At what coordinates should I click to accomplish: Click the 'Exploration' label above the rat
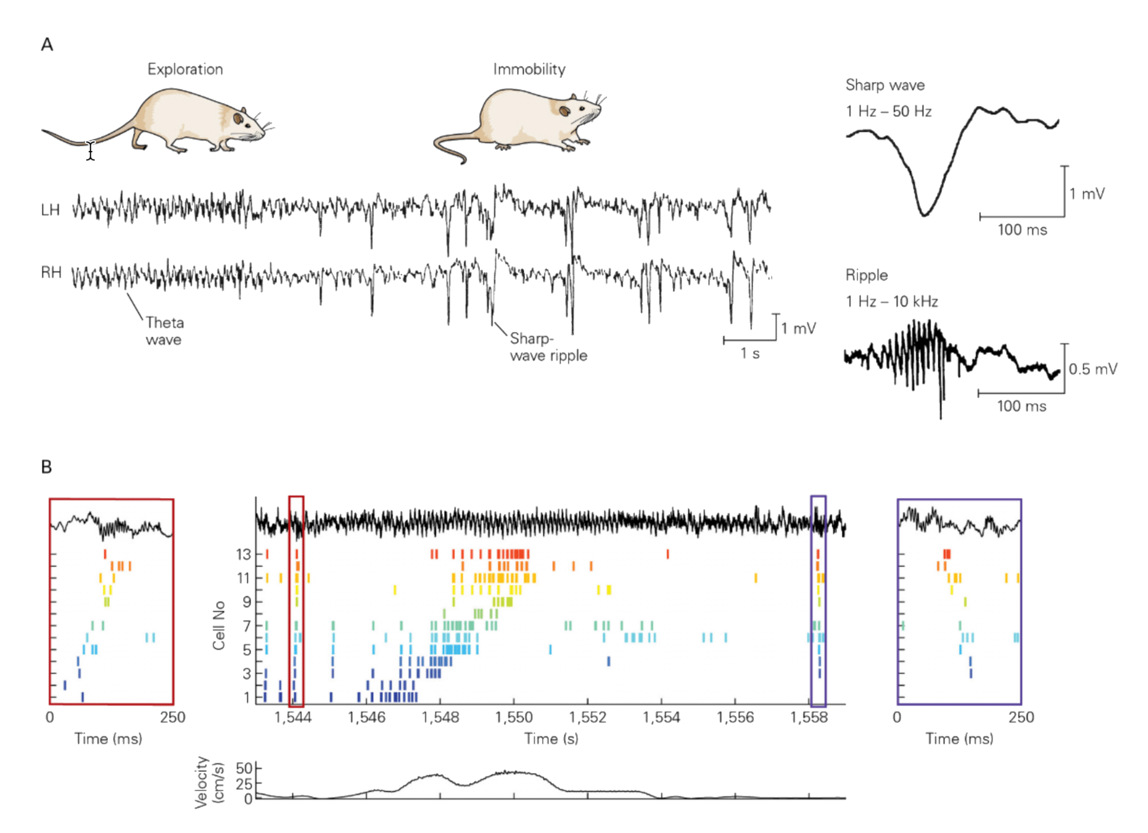[185, 69]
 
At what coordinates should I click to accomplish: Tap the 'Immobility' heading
[529, 69]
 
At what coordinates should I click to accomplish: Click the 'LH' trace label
[51, 210]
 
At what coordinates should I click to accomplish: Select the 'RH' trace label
[51, 272]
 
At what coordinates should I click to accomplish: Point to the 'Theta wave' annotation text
[164, 331]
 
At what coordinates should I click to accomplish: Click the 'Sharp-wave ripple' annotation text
[548, 347]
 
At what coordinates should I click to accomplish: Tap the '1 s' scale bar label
[750, 354]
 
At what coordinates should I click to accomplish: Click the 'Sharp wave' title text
[885, 85]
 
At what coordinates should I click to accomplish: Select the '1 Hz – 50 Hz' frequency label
[888, 112]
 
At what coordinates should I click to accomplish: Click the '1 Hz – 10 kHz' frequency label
[891, 302]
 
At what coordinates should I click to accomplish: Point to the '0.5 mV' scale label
[1092, 369]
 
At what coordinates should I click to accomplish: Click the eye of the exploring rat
[238, 117]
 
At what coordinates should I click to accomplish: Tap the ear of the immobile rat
[564, 110]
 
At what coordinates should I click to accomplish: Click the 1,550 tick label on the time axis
[514, 718]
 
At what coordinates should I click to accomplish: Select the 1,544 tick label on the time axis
[293, 718]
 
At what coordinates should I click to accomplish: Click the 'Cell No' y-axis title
[219, 626]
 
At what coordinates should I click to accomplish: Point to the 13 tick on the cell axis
[243, 554]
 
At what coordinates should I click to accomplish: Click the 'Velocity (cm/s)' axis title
[209, 782]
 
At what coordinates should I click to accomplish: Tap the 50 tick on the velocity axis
[244, 768]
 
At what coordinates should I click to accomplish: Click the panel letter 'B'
[46, 467]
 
